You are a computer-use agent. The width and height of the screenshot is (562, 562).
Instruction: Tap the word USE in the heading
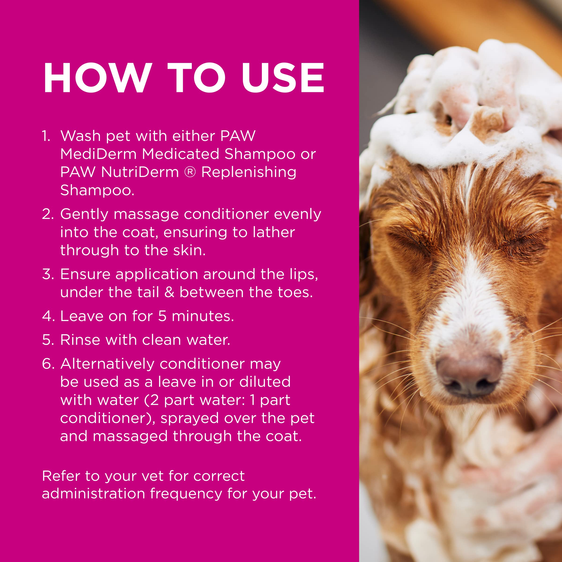[x=282, y=78]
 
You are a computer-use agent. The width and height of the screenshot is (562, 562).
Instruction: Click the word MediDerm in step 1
[x=98, y=154]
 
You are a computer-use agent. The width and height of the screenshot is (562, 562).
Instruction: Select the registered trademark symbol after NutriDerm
[x=190, y=172]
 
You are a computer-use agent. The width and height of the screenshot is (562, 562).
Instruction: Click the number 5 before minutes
[x=162, y=316]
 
